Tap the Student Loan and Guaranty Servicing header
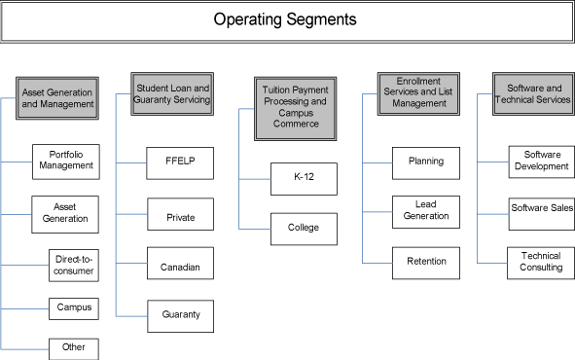pyautogui.click(x=173, y=92)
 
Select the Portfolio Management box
pyautogui.click(x=66, y=160)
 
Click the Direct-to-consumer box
pyautogui.click(x=73, y=264)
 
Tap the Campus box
pyautogui.click(x=73, y=307)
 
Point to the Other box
pyautogui.click(x=73, y=347)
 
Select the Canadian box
pyautogui.click(x=180, y=264)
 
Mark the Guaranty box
pyautogui.click(x=180, y=315)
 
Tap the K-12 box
pyautogui.click(x=304, y=178)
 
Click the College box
pyautogui.click(x=304, y=229)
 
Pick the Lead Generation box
pyautogui.click(x=426, y=210)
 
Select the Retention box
pyautogui.click(x=426, y=262)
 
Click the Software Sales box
pyautogui.click(x=541, y=207)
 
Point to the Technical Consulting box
pyautogui.click(x=541, y=262)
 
